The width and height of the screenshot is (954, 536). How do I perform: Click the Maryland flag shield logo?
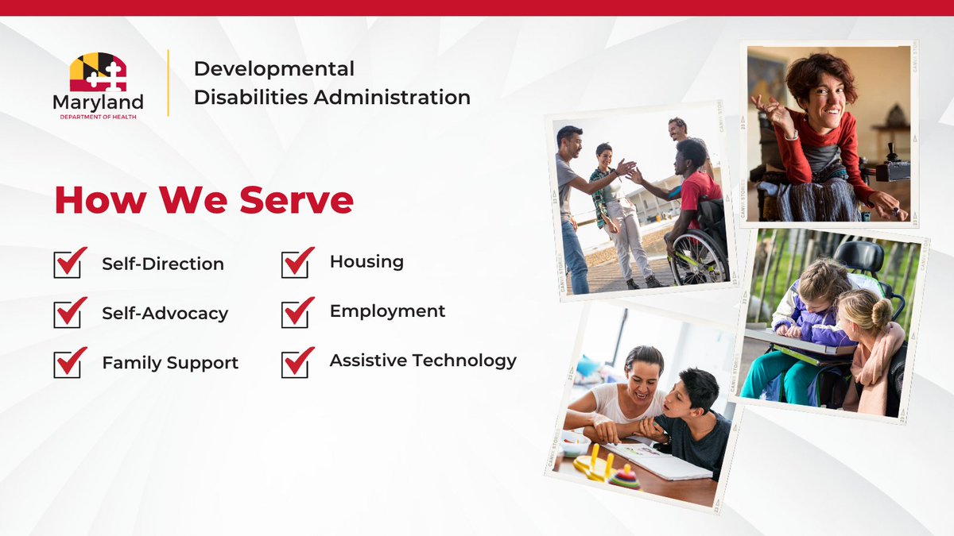pos(98,73)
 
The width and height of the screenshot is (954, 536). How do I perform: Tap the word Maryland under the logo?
pos(98,102)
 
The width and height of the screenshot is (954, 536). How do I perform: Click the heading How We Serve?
pos(204,200)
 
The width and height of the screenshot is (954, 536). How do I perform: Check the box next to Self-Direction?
pos(69,264)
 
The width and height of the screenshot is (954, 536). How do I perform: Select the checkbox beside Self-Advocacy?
pos(69,313)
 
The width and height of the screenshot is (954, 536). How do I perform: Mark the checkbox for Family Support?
pos(69,363)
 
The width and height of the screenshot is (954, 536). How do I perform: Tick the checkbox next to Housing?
pos(297,262)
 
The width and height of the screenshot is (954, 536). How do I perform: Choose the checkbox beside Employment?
pos(297,312)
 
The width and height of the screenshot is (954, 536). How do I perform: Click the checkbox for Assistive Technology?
pos(297,361)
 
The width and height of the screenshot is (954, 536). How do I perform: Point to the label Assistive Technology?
pos(423,361)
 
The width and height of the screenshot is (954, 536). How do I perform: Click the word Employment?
pos(387,311)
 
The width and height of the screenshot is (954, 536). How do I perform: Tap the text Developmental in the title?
pos(274,69)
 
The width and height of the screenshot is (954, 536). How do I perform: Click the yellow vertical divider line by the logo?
pos(168,83)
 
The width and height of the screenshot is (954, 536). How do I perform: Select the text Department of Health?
pos(98,117)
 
